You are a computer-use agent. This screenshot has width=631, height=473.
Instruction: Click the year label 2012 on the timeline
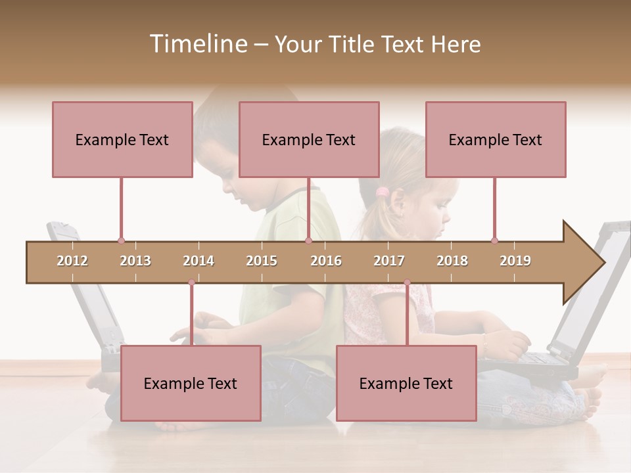point(72,261)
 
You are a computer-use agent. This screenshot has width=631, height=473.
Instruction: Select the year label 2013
point(135,261)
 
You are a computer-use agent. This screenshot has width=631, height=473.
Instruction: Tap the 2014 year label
point(199,261)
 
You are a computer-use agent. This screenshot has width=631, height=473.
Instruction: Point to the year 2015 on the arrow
point(262,261)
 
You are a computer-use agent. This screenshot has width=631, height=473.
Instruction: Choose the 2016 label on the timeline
point(326,261)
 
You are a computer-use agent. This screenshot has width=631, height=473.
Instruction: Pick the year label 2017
point(389,261)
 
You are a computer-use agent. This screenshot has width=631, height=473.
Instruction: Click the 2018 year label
point(452,261)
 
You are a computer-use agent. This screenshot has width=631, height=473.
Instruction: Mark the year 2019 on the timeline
point(515,261)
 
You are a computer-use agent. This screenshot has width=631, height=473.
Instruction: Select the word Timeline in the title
point(197,44)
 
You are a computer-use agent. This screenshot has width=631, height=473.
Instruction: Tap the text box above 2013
point(122,139)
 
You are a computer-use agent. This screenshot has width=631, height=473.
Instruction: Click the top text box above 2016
point(309,139)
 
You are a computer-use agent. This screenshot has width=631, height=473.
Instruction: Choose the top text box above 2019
point(496,139)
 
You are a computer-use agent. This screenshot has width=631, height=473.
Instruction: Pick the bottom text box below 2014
point(191,383)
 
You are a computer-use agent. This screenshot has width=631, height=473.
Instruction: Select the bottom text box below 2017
point(406,383)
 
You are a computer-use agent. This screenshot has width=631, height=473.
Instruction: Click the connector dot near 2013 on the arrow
point(121,241)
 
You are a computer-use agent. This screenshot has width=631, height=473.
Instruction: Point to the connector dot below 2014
point(191,282)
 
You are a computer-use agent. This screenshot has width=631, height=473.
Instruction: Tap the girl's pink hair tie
point(382,192)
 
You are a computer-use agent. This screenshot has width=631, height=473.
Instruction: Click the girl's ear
point(402,209)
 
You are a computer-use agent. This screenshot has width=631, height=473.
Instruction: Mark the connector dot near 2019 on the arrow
point(494,241)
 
